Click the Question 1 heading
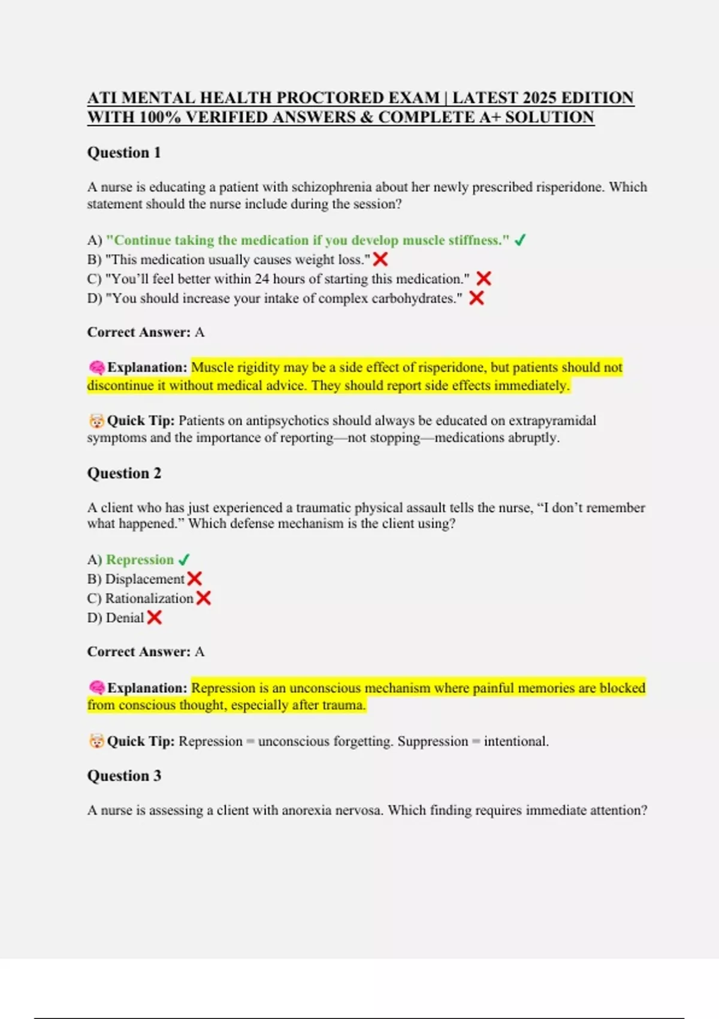(124, 153)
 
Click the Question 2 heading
(124, 474)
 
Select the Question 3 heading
(124, 776)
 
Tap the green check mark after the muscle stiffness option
(520, 240)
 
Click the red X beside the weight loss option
(380, 260)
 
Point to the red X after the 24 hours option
(484, 279)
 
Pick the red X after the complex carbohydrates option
(476, 298)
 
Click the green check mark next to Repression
(184, 560)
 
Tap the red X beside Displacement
(195, 579)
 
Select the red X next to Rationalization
(204, 598)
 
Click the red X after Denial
(155, 617)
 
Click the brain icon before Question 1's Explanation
(96, 367)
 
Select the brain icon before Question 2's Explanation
(96, 688)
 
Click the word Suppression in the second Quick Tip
(433, 741)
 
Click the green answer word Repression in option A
(140, 560)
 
